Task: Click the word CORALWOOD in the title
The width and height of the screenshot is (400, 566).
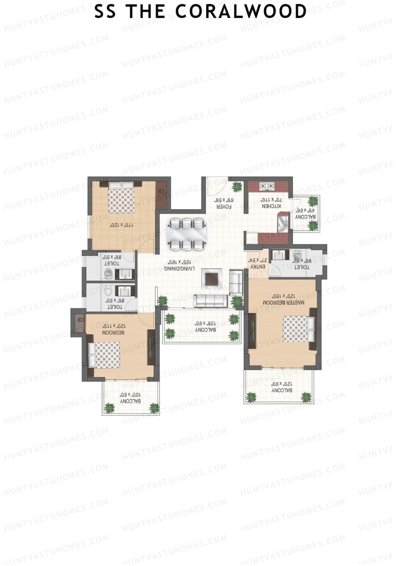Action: pos(241,11)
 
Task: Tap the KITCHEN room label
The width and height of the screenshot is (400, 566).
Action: pos(271,206)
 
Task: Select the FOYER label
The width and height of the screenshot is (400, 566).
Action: pos(224,207)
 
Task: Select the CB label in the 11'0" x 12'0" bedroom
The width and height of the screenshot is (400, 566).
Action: pos(161,191)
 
